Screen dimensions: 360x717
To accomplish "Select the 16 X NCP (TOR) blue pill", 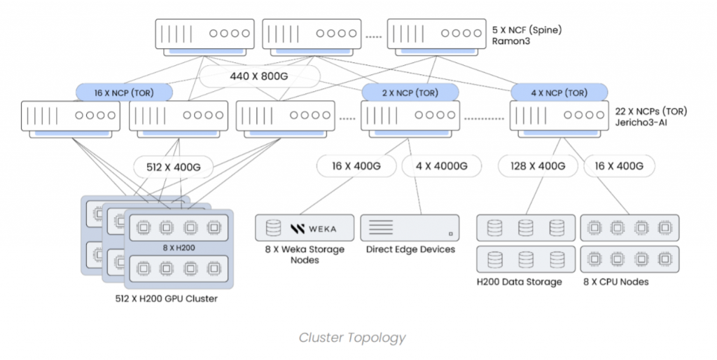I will pyautogui.click(x=124, y=92).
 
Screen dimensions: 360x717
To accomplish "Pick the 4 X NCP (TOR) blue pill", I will pyautogui.click(x=559, y=92).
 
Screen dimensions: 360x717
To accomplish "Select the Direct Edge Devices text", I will pyautogui.click(x=410, y=249).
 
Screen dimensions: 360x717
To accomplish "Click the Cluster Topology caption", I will pyautogui.click(x=352, y=338).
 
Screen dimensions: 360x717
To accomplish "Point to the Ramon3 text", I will pyautogui.click(x=512, y=42).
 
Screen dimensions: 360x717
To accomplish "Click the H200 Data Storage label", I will pyautogui.click(x=519, y=282).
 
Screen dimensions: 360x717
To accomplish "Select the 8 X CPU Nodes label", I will pyautogui.click(x=616, y=282).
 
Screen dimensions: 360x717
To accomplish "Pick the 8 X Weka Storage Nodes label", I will pyautogui.click(x=305, y=255).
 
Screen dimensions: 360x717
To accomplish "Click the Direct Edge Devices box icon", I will pyautogui.click(x=410, y=228).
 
